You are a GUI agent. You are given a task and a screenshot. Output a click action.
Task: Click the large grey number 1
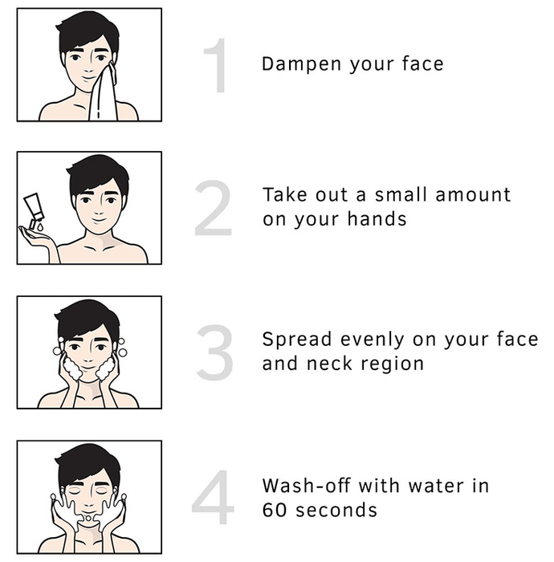tap(217, 66)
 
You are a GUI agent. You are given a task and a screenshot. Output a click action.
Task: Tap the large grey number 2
tap(214, 208)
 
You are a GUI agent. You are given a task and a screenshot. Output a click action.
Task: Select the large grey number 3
tap(214, 352)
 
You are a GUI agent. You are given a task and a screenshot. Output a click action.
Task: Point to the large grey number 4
tap(213, 497)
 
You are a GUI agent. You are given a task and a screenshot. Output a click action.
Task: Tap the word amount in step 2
tap(473, 195)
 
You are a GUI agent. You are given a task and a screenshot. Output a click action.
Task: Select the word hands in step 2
tap(377, 218)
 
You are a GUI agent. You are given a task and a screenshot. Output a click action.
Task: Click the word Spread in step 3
tap(297, 340)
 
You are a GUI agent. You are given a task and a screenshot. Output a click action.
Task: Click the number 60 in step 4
tap(275, 510)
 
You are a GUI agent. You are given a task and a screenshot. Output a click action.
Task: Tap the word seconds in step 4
tap(336, 510)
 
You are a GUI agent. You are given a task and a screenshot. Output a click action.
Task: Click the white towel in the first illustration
tap(104, 95)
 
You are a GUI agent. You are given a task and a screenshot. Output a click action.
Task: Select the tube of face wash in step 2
tap(34, 210)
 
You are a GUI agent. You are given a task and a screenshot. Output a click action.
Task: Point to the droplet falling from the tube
tap(40, 227)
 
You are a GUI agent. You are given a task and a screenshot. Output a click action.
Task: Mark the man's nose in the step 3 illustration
tap(89, 356)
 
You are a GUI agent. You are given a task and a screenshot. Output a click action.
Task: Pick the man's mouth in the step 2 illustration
tap(99, 219)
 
